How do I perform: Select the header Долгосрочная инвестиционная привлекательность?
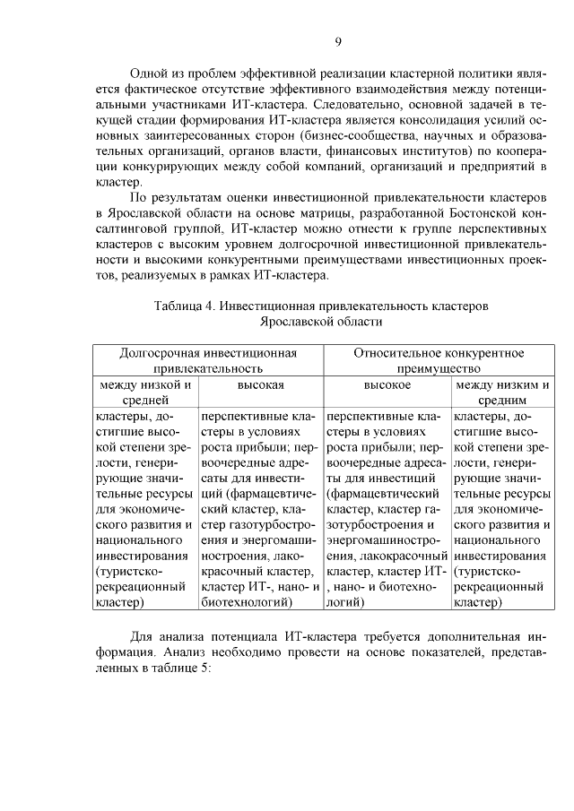click(208, 360)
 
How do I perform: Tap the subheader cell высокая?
click(260, 384)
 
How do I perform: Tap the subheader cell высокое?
click(387, 384)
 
